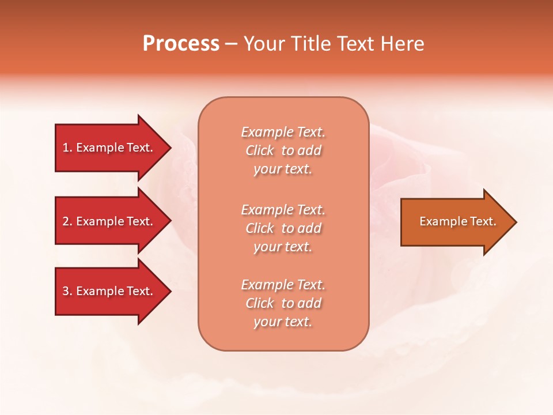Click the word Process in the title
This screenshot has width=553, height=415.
click(x=181, y=44)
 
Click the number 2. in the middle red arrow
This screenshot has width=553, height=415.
click(x=67, y=221)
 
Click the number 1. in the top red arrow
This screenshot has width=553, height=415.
click(x=67, y=148)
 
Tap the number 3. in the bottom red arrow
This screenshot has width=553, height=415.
click(x=67, y=291)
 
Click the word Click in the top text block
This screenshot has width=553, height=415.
click(x=260, y=150)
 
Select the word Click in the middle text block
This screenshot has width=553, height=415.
click(x=260, y=228)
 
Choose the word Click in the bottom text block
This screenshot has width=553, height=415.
click(x=260, y=303)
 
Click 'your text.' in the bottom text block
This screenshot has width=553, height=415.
click(x=283, y=322)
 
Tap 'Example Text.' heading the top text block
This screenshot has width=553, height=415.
click(x=283, y=132)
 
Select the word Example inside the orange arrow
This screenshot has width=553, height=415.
click(x=438, y=221)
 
